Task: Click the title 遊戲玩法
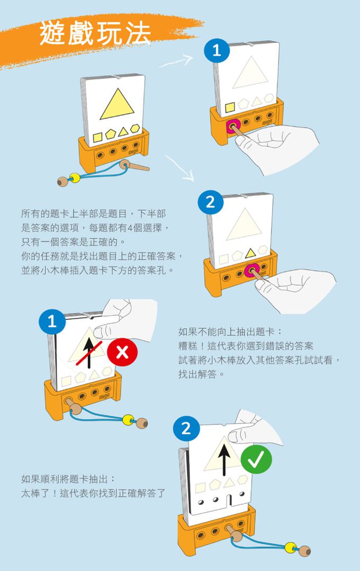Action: [x=95, y=33]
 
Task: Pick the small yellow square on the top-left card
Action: [x=98, y=138]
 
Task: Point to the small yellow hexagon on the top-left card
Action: [x=136, y=129]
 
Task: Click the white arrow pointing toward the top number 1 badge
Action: [x=176, y=62]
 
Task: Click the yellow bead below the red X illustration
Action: [x=127, y=420]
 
